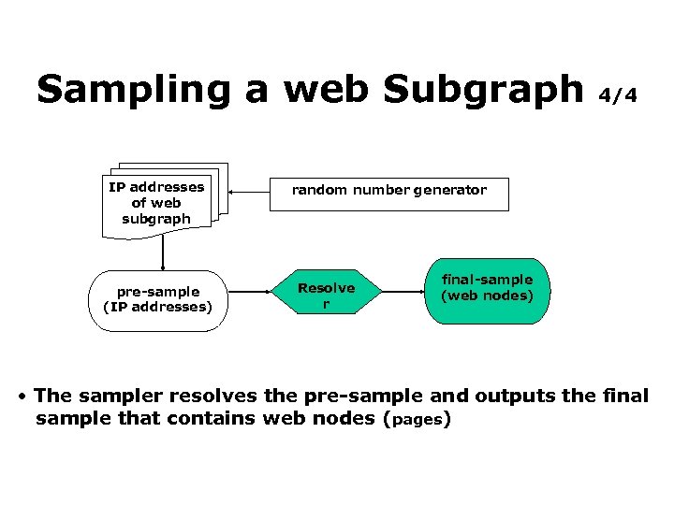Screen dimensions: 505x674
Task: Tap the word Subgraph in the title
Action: (483, 90)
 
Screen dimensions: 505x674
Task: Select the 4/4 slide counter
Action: (619, 95)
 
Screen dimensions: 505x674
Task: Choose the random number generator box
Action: (388, 192)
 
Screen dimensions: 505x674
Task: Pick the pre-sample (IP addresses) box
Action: (158, 300)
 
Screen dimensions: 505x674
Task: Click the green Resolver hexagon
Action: (326, 295)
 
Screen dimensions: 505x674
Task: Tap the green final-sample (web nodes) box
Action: (487, 290)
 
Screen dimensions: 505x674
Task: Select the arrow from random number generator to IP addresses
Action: (250, 192)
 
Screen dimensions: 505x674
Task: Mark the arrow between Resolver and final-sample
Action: (403, 293)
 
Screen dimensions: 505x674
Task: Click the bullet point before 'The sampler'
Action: (22, 397)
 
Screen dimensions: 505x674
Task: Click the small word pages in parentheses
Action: (418, 420)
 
